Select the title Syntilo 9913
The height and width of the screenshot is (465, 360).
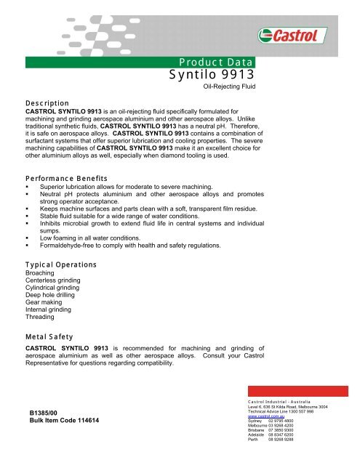(211, 76)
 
